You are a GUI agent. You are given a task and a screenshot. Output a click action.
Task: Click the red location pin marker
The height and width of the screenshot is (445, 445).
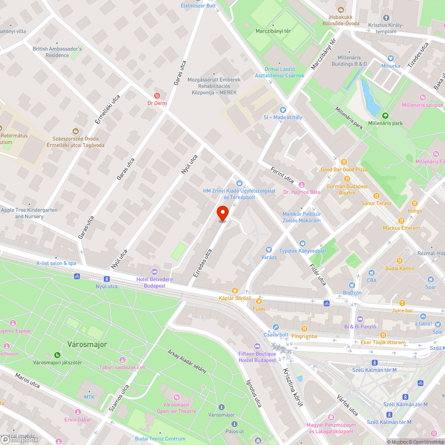pyautogui.click(x=222, y=214)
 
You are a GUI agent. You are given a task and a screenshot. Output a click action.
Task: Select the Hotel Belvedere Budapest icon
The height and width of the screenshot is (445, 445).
pyautogui.click(x=154, y=272)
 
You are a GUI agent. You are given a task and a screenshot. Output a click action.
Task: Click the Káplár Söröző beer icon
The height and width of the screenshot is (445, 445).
pyautogui.click(x=235, y=290)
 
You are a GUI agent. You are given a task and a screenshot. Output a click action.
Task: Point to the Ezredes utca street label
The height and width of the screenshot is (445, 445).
pyautogui.click(x=202, y=264)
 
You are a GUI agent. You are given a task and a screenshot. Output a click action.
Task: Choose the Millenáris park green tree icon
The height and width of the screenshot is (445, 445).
pyautogui.click(x=385, y=115)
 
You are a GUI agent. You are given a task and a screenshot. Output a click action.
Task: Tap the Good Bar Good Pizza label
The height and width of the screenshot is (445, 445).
pyautogui.click(x=344, y=170)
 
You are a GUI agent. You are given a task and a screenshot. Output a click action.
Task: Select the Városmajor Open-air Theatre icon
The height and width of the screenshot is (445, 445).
pyautogui.click(x=177, y=397)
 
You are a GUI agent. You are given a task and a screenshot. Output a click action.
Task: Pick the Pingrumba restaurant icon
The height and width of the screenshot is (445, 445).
pyautogui.click(x=304, y=329)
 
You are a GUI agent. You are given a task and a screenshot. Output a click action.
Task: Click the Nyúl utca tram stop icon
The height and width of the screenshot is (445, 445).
pyautogui.click(x=106, y=279)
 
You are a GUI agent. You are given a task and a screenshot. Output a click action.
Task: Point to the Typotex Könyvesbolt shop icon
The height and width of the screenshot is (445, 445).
pyautogui.click(x=303, y=243)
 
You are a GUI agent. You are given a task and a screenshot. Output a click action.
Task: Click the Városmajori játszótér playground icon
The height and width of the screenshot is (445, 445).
pyautogui.click(x=57, y=355)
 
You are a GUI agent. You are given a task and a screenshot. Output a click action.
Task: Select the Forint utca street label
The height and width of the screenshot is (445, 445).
pyautogui.click(x=283, y=174)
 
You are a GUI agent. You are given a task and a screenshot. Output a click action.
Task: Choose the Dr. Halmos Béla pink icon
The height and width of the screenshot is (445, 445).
pyautogui.click(x=302, y=185)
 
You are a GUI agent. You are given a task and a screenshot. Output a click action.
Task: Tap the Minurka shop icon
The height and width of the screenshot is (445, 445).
pyautogui.click(x=390, y=58)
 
